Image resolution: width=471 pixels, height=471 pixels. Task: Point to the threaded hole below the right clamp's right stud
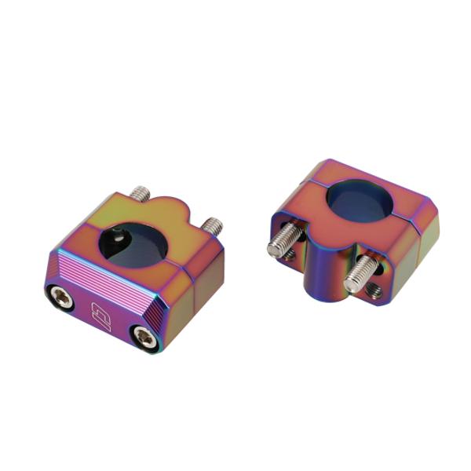point(375,291)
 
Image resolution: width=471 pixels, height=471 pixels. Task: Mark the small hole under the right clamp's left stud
point(291,256)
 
